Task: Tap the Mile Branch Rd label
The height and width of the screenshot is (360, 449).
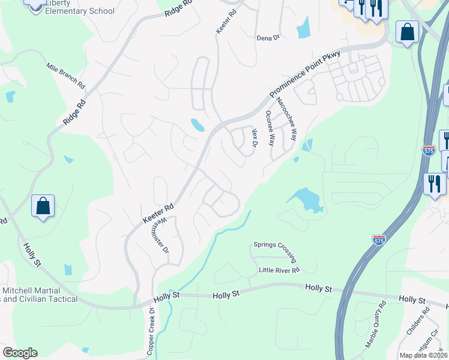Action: [x=65, y=75]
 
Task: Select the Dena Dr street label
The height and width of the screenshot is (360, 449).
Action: [x=268, y=38]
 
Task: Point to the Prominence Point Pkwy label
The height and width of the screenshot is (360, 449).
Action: [x=304, y=74]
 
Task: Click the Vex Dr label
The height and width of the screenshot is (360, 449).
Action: [x=255, y=139]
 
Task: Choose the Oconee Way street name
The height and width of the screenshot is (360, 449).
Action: [x=270, y=128]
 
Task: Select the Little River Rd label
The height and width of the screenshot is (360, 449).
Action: [x=279, y=270]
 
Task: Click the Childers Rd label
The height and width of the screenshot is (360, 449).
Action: [x=420, y=320]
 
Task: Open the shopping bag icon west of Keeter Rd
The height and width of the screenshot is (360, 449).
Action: [x=43, y=206]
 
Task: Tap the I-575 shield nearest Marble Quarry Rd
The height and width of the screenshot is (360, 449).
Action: [x=379, y=239]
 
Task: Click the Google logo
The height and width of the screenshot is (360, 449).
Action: [x=20, y=353]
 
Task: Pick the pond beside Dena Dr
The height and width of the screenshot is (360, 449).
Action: [x=303, y=28]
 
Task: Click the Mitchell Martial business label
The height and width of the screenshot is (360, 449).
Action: [x=40, y=295]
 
